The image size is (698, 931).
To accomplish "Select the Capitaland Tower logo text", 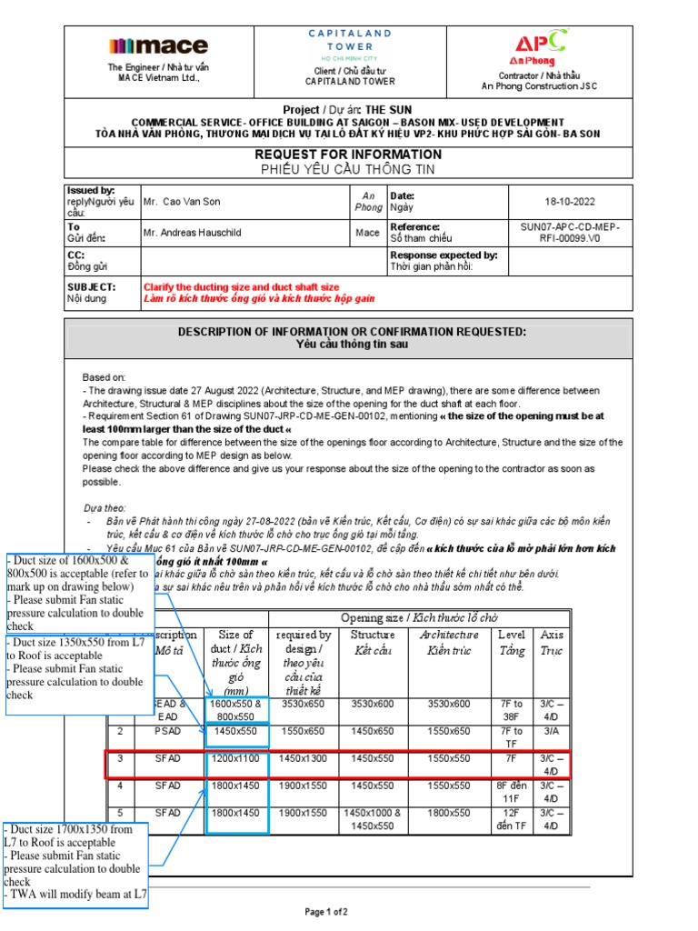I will pyautogui.click(x=349, y=39).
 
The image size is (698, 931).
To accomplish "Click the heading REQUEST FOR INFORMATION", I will pyautogui.click(x=348, y=155).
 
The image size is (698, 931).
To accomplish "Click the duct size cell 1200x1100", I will pyautogui.click(x=236, y=757).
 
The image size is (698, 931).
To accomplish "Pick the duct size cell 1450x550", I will pyautogui.click(x=236, y=730).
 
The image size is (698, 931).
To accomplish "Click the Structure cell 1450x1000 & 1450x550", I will pyautogui.click(x=372, y=818).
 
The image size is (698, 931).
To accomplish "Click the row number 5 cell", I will pyautogui.click(x=120, y=812).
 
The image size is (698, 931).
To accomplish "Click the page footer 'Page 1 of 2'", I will pyautogui.click(x=325, y=911).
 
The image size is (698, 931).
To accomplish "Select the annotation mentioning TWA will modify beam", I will pyautogui.click(x=75, y=894).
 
